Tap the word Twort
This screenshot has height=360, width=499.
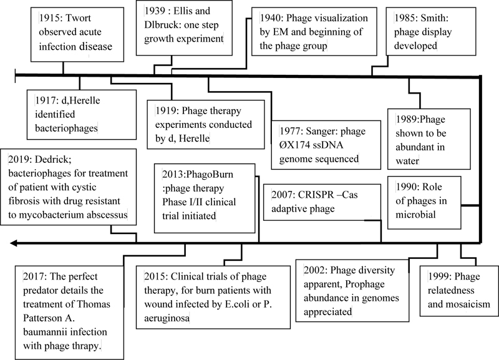(x=79, y=18)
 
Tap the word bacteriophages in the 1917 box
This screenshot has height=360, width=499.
(x=66, y=128)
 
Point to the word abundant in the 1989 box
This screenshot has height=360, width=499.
(x=420, y=147)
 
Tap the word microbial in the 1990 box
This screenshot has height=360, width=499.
(x=415, y=215)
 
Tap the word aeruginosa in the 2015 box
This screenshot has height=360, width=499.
(x=167, y=318)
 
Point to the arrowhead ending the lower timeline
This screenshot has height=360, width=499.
(x=13, y=243)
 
